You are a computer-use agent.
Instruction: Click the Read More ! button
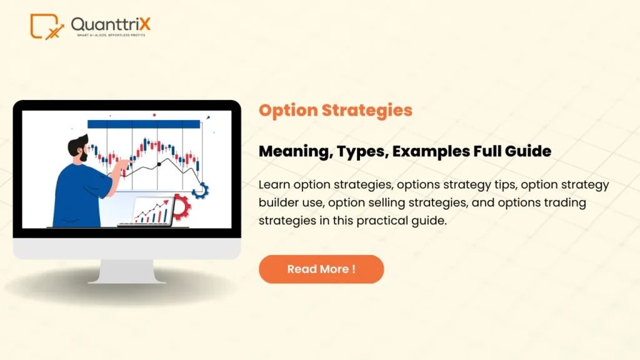(321, 269)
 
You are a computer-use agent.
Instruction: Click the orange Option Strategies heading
(336, 111)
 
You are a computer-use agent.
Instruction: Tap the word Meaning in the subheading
(292, 151)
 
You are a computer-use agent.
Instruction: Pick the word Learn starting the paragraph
(273, 185)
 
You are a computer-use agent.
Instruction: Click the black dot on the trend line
(159, 164)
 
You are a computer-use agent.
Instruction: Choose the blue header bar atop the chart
(144, 124)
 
